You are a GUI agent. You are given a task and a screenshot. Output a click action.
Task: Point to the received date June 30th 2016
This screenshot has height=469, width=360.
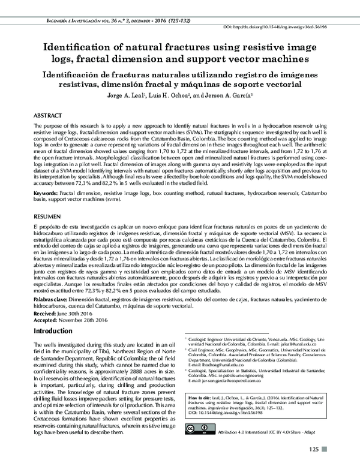pyautogui.click(x=72, y=312)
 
